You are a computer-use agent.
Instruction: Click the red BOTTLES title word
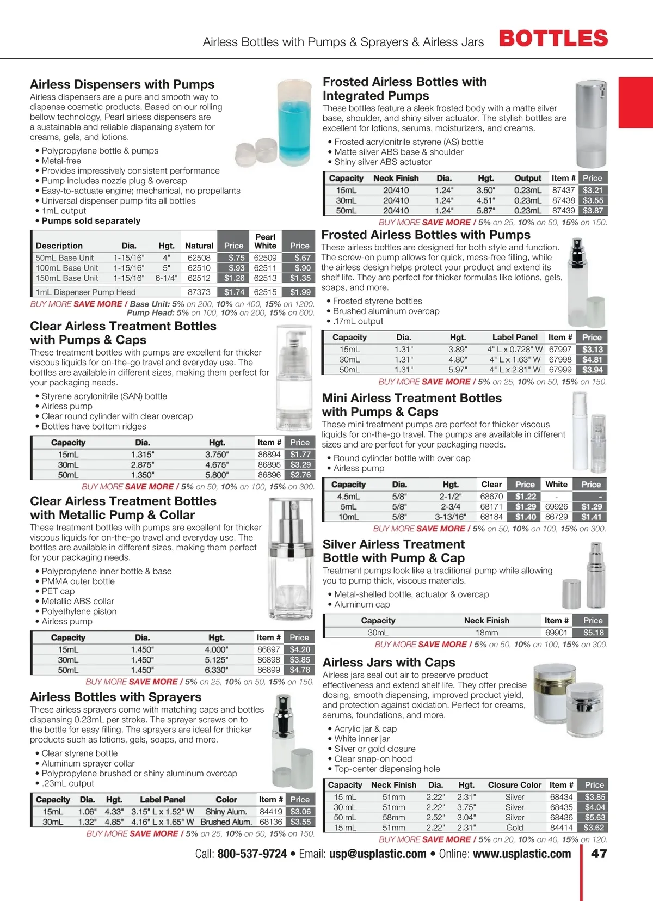pyautogui.click(x=553, y=39)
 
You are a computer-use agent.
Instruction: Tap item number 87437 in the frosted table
pyautogui.click(x=563, y=190)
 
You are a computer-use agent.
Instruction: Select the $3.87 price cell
pyautogui.click(x=593, y=211)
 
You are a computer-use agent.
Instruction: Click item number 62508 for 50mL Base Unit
pyautogui.click(x=199, y=258)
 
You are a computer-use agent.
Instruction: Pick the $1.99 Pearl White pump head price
pyautogui.click(x=300, y=292)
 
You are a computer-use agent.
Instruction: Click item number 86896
pyautogui.click(x=269, y=475)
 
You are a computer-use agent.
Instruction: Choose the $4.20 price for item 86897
pyautogui.click(x=300, y=649)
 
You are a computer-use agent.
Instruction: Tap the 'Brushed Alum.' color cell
pyautogui.click(x=226, y=822)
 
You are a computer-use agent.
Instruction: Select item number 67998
pyautogui.click(x=560, y=359)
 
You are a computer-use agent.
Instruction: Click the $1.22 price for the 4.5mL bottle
pyautogui.click(x=526, y=497)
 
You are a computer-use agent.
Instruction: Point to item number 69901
pyautogui.click(x=556, y=633)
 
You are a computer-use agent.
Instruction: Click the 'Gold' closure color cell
pyautogui.click(x=515, y=828)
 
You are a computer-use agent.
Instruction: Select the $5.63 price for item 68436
pyautogui.click(x=594, y=817)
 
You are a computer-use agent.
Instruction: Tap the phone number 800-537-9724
pyautogui.click(x=252, y=854)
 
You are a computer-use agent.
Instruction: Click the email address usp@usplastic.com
pyautogui.click(x=378, y=854)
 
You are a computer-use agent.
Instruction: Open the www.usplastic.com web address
pyautogui.click(x=522, y=854)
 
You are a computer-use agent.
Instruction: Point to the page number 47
pyautogui.click(x=599, y=854)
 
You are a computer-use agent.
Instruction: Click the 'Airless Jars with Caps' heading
pyautogui.click(x=389, y=663)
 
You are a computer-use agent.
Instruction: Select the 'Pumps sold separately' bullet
pyautogui.click(x=91, y=221)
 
